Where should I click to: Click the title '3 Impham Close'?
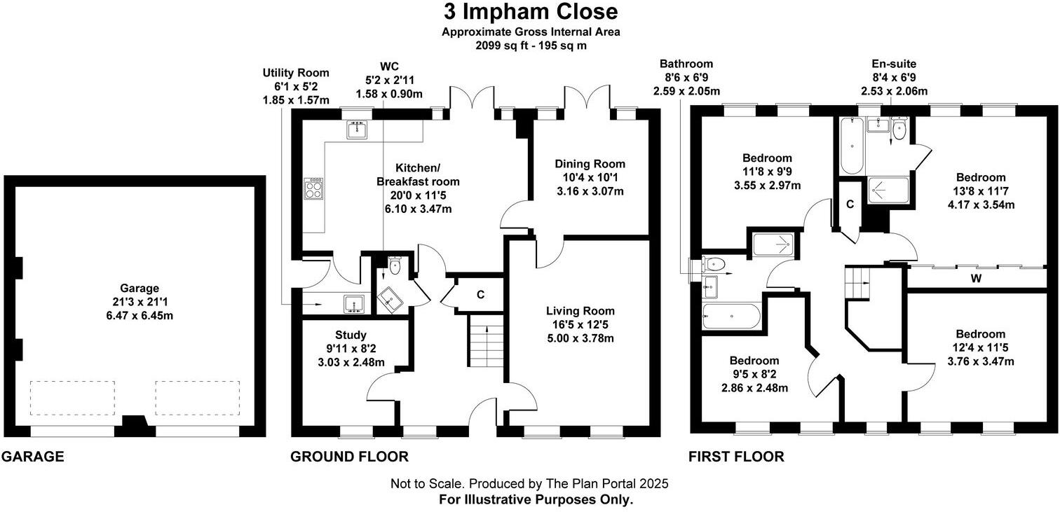point(531,12)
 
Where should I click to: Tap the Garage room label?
point(139,288)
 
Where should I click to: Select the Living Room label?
point(580,311)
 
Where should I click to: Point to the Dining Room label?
point(590,164)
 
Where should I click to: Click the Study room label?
point(351,335)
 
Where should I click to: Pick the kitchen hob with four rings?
point(313,189)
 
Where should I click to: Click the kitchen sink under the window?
point(357,130)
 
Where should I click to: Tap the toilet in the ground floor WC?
point(394,265)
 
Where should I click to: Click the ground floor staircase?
point(486,340)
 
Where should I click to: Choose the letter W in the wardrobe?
point(976,279)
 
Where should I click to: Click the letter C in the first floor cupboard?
point(850,205)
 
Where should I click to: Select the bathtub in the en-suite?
point(852,146)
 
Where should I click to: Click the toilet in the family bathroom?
point(714,264)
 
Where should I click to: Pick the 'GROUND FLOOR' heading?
point(349,457)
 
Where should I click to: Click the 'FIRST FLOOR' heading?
point(736,457)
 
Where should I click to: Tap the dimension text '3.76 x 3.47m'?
point(981,361)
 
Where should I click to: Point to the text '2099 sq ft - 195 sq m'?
point(531,46)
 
